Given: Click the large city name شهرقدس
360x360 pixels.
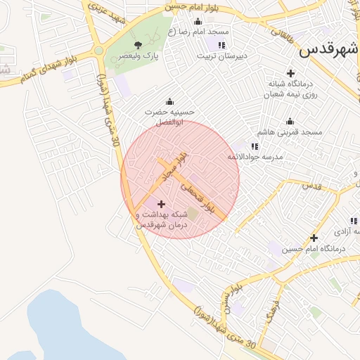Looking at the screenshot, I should click(328, 50).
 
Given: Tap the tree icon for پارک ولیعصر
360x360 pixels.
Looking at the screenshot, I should click(138, 45).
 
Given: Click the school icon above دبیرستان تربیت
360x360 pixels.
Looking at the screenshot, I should click(221, 45).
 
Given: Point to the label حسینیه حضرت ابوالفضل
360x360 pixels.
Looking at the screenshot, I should click(169, 117).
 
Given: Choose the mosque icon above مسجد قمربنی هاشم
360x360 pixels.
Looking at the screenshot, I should click(290, 121).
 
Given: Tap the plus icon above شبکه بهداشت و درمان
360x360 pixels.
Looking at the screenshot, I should click(162, 204).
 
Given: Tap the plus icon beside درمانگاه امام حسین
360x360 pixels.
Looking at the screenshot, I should click(314, 238).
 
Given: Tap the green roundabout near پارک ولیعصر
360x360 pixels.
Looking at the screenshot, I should click(98, 51).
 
